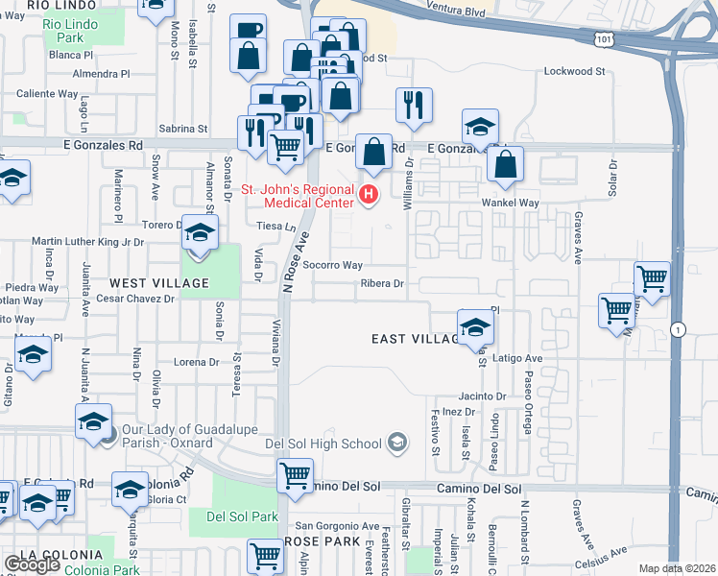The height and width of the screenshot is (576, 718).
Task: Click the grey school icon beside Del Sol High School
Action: [395, 444]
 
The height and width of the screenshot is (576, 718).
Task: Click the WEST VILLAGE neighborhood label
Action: [159, 283]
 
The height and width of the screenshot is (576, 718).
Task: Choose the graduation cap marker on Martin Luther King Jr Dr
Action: [200, 234]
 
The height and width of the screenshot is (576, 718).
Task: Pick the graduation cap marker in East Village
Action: [475, 327]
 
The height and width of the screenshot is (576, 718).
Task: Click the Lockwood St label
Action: [574, 71]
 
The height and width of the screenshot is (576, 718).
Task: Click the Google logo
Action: [32, 564]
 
